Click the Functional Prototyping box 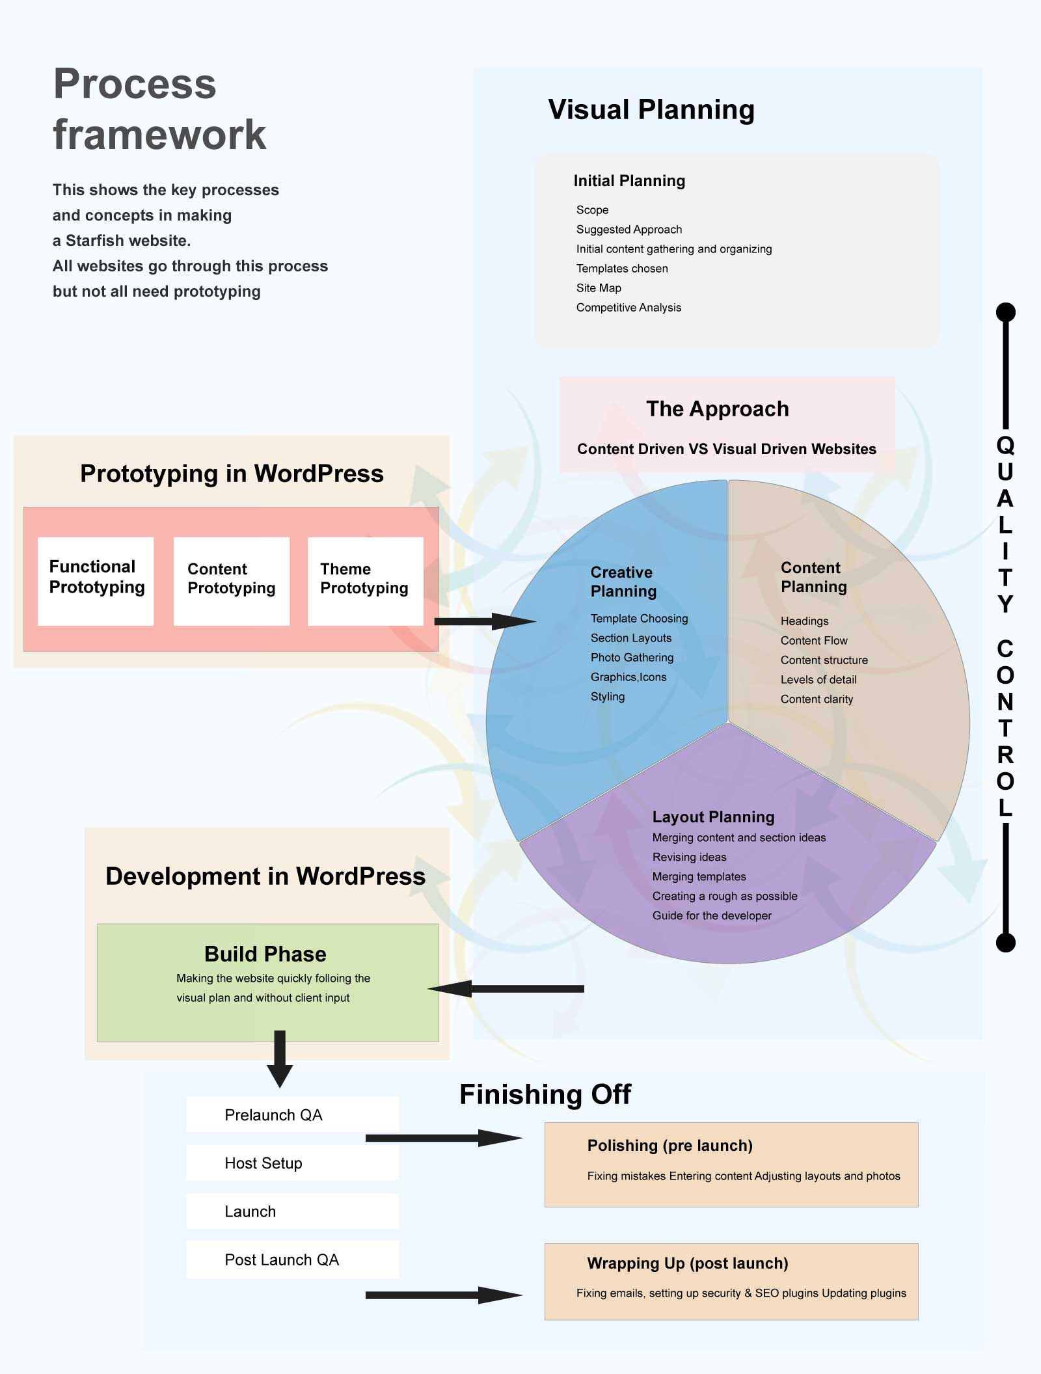pos(96,581)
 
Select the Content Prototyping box pos(231,581)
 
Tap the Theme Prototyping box pos(365,581)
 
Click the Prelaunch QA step pos(292,1115)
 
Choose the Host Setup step pos(292,1163)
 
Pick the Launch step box pos(292,1211)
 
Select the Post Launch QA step pos(292,1259)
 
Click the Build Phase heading pos(265,954)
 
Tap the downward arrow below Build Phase pos(280,1058)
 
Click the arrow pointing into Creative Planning pos(485,621)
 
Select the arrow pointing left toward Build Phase pos(506,989)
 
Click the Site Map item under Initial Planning pos(599,288)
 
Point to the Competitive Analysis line pos(629,307)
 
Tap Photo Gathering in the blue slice pos(632,657)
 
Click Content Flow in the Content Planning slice pos(814,640)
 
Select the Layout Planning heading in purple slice pos(713,816)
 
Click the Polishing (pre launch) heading pos(669,1146)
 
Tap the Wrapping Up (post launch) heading pos(687,1263)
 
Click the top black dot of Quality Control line pos(1006,312)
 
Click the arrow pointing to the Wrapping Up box pos(444,1295)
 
